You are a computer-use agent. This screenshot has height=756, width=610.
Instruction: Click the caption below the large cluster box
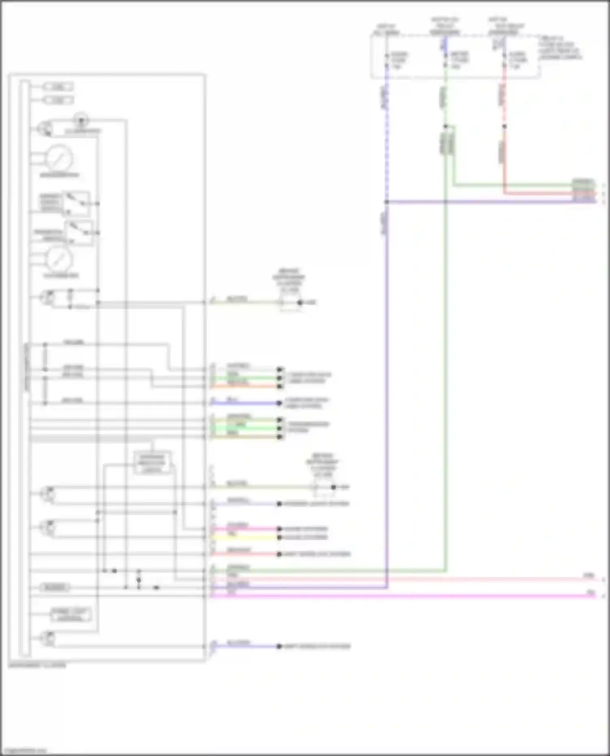(x=37, y=665)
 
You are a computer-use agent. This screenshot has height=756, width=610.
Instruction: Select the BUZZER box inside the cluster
(x=55, y=587)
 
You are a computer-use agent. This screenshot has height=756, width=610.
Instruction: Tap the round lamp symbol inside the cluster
(x=81, y=120)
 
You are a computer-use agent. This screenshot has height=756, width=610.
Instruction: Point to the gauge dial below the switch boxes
(x=59, y=259)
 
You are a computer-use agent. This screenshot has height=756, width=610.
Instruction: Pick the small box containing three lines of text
(x=152, y=463)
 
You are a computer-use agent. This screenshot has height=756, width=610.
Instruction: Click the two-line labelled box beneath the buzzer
(x=70, y=615)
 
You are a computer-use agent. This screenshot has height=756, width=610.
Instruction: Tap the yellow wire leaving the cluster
(x=244, y=537)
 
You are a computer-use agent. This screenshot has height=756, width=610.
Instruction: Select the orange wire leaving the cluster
(x=244, y=386)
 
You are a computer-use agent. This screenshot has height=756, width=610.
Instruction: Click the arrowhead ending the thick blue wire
(x=279, y=403)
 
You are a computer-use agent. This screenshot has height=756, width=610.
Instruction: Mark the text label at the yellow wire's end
(x=305, y=537)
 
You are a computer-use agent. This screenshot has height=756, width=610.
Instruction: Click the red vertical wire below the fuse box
(x=504, y=158)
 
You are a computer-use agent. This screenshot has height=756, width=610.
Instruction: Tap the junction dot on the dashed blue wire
(x=386, y=202)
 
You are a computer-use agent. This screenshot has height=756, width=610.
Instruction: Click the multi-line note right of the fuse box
(x=560, y=48)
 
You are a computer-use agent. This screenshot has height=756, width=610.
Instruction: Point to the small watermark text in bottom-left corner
(x=24, y=751)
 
